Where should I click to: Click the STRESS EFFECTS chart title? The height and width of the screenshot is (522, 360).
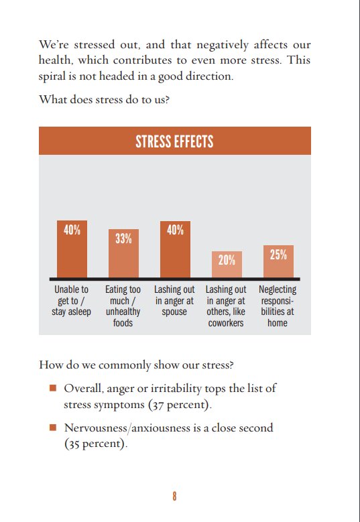pyautogui.click(x=174, y=141)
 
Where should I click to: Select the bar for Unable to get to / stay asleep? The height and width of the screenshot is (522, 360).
pyautogui.click(x=72, y=249)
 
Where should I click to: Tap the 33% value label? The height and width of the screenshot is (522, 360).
pyautogui.click(x=123, y=239)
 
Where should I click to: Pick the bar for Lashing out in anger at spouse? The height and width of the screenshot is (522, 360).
pyautogui.click(x=175, y=249)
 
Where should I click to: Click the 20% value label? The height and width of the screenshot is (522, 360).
pyautogui.click(x=227, y=260)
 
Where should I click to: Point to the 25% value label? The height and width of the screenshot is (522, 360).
pyautogui.click(x=278, y=255)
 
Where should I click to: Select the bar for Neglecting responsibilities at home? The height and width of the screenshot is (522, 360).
pyautogui.click(x=278, y=261)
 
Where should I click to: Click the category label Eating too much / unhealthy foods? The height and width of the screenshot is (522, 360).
pyautogui.click(x=123, y=306)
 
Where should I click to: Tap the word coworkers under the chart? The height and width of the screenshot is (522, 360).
pyautogui.click(x=226, y=323)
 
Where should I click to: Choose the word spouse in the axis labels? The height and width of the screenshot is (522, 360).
pyautogui.click(x=174, y=312)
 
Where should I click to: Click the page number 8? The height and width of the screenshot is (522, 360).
pyautogui.click(x=174, y=497)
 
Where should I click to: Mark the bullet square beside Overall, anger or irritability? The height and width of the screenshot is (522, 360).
pyautogui.click(x=52, y=388)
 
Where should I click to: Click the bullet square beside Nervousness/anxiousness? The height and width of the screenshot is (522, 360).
pyautogui.click(x=52, y=427)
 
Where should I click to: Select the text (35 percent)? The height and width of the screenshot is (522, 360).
pyautogui.click(x=96, y=444)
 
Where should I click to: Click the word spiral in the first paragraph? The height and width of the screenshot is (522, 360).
pyautogui.click(x=49, y=77)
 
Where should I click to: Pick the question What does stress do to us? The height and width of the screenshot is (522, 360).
pyautogui.click(x=104, y=99)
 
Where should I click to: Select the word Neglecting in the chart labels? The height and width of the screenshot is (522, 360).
pyautogui.click(x=278, y=290)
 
